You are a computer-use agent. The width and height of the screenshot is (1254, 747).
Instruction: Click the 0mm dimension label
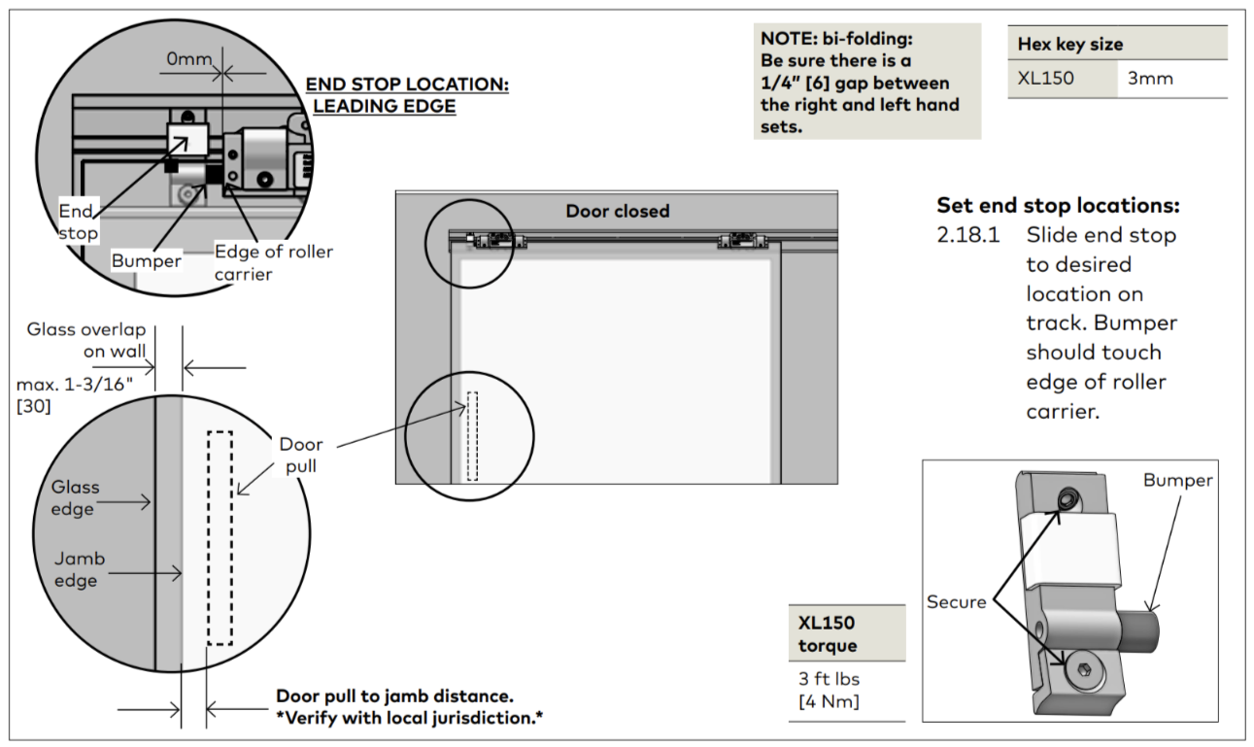(x=189, y=59)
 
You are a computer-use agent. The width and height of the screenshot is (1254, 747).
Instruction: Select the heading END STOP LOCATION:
(x=407, y=84)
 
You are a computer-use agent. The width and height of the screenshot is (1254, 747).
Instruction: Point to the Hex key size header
(x=1069, y=45)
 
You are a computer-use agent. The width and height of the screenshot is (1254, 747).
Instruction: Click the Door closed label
(x=618, y=211)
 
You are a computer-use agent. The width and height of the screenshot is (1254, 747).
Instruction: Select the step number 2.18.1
(x=967, y=235)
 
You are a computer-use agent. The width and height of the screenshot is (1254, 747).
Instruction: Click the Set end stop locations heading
(x=1058, y=206)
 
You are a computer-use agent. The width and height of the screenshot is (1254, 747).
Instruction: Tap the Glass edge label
(x=75, y=497)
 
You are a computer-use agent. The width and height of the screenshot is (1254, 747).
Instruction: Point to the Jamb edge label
(x=80, y=569)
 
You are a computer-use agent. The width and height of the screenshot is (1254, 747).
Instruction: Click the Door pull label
(x=301, y=456)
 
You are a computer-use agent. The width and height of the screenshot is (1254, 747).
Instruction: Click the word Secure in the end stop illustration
(x=956, y=602)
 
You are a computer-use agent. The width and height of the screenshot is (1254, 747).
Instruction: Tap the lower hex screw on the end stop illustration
(x=1084, y=669)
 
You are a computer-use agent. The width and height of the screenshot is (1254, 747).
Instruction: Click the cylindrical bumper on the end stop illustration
(x=1138, y=631)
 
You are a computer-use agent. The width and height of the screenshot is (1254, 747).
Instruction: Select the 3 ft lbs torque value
(x=829, y=679)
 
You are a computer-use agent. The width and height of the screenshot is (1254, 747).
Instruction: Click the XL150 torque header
(x=828, y=634)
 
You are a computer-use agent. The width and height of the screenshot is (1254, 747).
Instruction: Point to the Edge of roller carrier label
(x=273, y=262)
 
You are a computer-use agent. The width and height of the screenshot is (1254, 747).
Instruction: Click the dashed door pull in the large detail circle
(x=220, y=538)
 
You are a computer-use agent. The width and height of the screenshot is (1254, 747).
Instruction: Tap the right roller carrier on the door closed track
(x=743, y=241)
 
